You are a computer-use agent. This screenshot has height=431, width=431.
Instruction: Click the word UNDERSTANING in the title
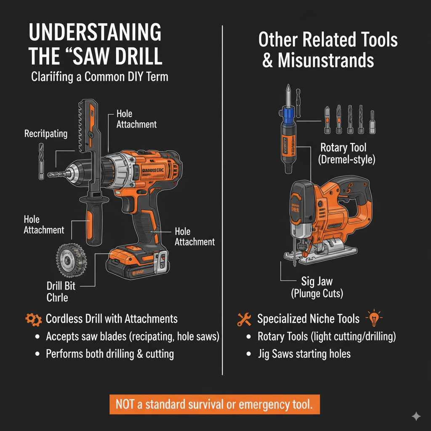[x=95, y=33]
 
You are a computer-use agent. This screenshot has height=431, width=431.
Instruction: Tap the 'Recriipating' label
[x=46, y=134]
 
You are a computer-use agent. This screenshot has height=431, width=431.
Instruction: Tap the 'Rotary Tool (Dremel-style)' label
[x=343, y=153]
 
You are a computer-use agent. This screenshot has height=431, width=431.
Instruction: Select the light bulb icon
[x=374, y=318]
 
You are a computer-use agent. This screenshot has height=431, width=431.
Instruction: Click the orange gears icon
[x=33, y=319]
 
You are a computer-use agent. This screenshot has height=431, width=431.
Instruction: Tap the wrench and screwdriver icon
[x=244, y=319]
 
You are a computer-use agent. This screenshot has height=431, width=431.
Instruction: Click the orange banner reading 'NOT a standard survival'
[x=215, y=404]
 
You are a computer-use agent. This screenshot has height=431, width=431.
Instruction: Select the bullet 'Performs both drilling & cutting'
[x=109, y=354]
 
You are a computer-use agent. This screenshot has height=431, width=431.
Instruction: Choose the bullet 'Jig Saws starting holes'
[x=304, y=354]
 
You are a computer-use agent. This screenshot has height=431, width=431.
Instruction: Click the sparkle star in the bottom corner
[x=416, y=416]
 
